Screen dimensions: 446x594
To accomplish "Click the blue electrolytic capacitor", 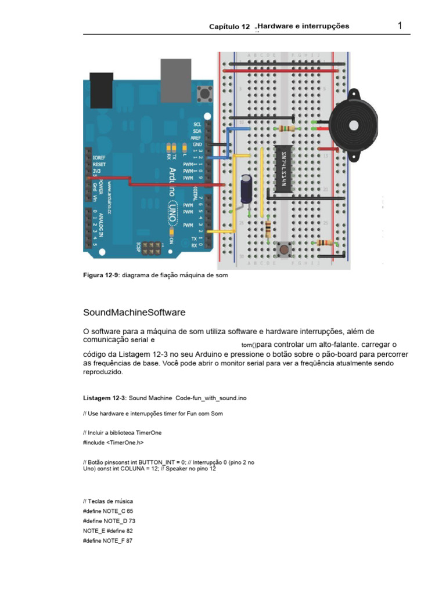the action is (247, 190).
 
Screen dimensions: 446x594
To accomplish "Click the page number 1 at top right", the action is (400, 26).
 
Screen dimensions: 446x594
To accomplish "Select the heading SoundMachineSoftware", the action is (135, 312).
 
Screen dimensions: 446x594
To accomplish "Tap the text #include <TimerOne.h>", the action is (113, 443).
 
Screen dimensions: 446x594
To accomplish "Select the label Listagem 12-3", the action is (105, 398).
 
